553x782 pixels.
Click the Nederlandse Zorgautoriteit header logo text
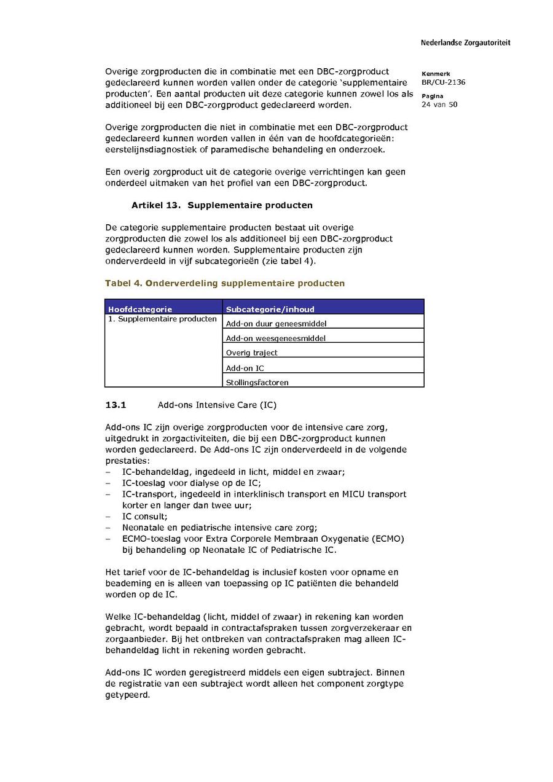pos(465,43)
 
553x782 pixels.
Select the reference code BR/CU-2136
pos(443,82)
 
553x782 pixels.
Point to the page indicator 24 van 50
pos(439,104)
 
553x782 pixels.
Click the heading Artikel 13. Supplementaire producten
pos(222,205)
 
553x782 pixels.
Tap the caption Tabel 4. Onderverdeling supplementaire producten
pos(225,283)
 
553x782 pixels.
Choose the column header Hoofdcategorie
pos(140,309)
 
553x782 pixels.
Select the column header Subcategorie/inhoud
pos(270,309)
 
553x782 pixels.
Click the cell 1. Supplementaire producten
pos(162,319)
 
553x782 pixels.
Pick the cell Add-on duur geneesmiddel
pos(276,323)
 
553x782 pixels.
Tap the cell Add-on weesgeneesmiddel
pos(276,338)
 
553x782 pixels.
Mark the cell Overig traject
pos(251,353)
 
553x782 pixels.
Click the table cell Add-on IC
pos(245,368)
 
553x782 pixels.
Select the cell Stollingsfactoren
pos(257,382)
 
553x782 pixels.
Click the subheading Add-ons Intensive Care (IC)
pos(217,405)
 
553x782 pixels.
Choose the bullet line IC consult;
pos(144,517)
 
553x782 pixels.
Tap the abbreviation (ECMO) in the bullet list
pos(387,539)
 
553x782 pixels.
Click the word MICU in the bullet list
pos(348,494)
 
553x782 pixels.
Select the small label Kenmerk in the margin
pos(436,74)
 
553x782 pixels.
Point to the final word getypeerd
pos(127,695)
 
